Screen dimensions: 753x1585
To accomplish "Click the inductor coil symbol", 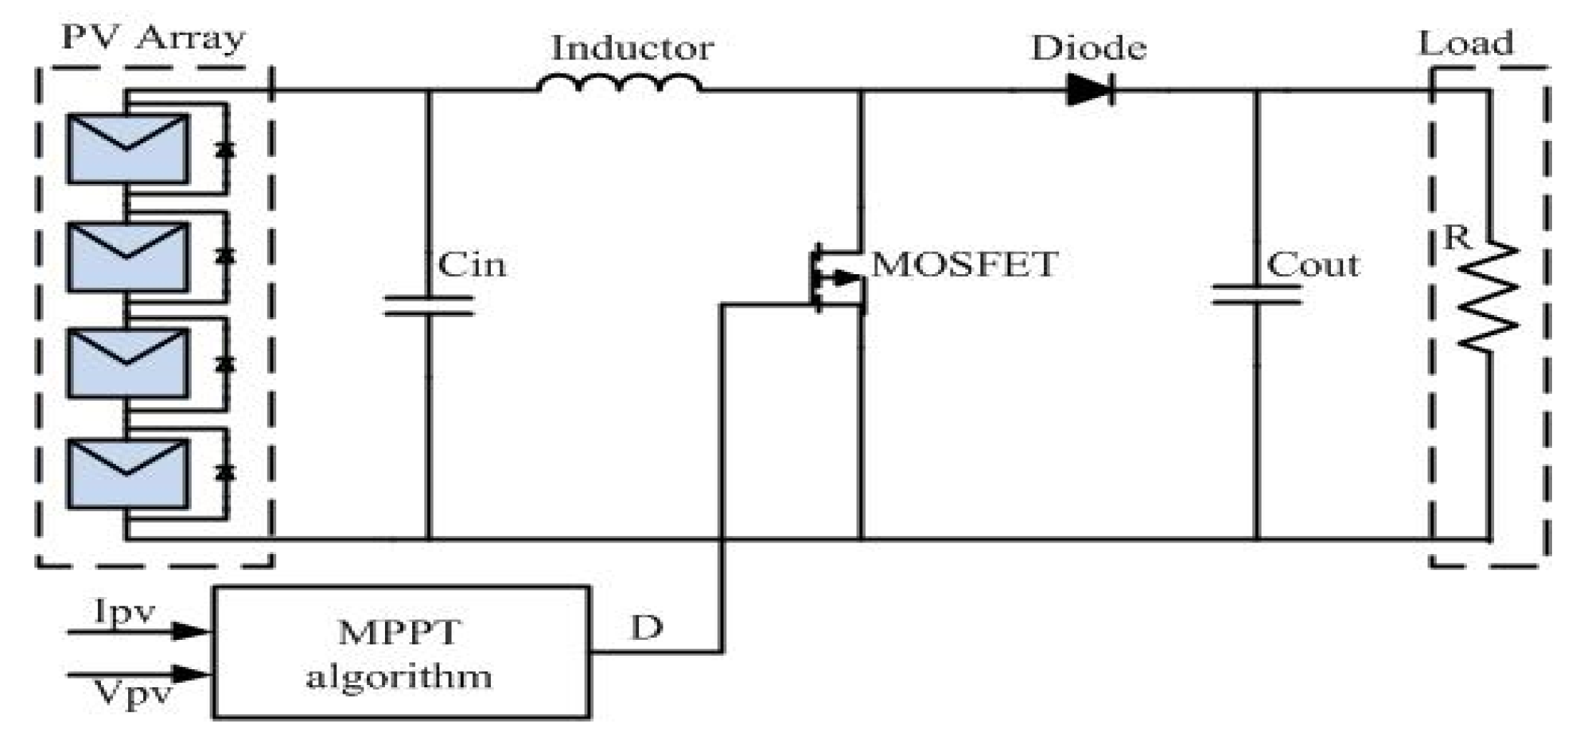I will (x=620, y=84).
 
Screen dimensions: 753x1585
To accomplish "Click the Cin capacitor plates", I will (x=429, y=305).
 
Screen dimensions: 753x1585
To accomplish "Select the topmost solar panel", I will (x=127, y=148).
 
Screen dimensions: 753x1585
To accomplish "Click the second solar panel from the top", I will (x=127, y=256).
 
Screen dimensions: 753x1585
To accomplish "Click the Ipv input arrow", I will (x=140, y=631).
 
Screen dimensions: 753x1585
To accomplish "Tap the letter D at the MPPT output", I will (x=646, y=628).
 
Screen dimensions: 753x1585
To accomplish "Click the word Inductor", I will (x=632, y=49).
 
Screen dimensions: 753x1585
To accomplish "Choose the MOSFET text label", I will (x=964, y=264).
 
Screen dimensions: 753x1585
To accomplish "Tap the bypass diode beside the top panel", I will (x=226, y=150).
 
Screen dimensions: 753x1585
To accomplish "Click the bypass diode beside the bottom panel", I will (x=226, y=472).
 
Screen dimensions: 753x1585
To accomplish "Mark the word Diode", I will (x=1088, y=48).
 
